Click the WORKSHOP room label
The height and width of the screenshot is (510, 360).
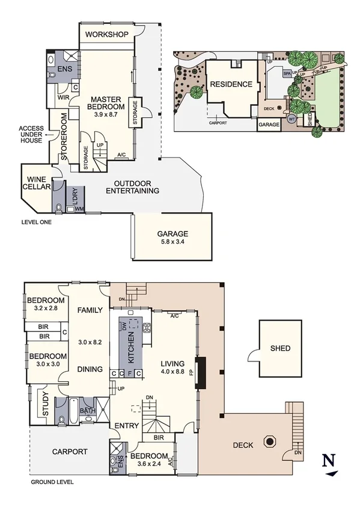107,34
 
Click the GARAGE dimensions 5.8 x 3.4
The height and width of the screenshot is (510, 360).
172,243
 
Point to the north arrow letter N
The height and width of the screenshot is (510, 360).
328,461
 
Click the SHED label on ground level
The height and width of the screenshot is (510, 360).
280,348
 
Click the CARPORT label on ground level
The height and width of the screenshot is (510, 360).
70,451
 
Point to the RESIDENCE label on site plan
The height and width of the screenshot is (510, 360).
231,84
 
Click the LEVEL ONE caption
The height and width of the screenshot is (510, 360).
35,222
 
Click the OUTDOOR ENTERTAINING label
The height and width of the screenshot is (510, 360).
132,187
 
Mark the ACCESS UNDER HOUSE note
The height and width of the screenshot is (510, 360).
30,135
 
